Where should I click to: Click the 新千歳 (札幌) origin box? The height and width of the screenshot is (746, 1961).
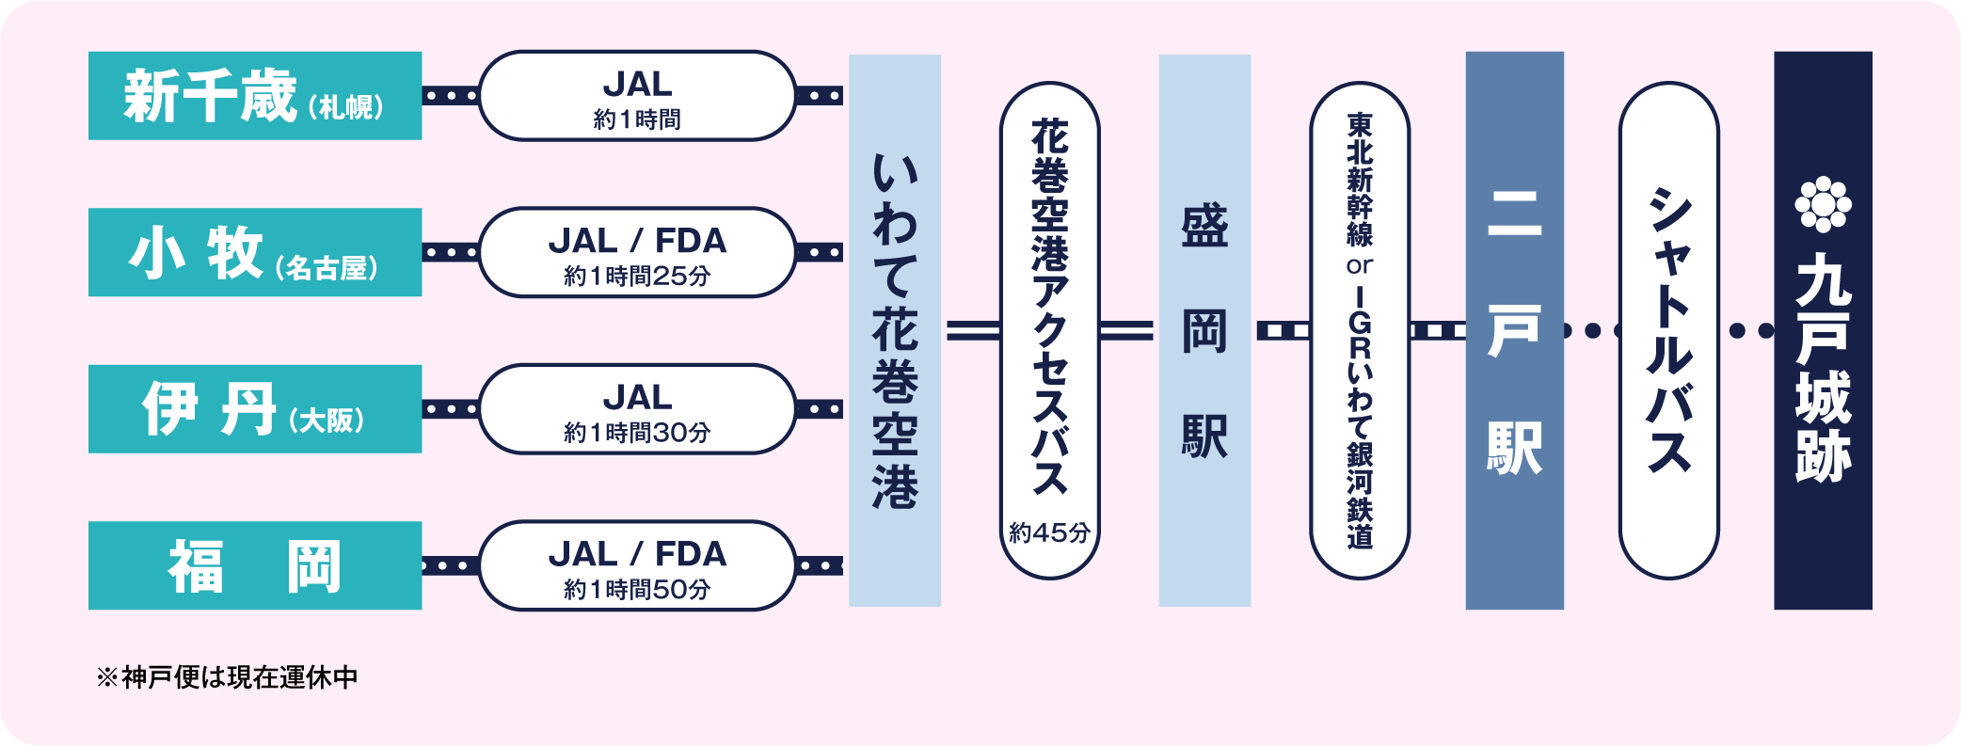(x=255, y=96)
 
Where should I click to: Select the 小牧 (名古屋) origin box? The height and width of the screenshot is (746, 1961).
(x=255, y=252)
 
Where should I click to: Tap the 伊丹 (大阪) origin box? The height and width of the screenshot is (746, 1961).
(x=255, y=409)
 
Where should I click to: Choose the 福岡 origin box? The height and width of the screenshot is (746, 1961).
(x=255, y=565)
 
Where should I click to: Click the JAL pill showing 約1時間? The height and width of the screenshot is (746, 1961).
(x=637, y=96)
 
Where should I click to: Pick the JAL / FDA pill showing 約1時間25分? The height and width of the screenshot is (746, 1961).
(x=637, y=252)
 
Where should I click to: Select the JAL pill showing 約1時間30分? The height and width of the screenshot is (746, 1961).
(x=637, y=409)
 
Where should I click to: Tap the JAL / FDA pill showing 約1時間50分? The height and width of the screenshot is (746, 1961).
(x=637, y=565)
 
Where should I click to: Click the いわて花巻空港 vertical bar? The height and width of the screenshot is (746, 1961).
(x=894, y=330)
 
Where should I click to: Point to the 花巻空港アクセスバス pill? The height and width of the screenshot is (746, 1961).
(x=1049, y=310)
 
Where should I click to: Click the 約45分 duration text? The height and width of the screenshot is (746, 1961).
(x=1049, y=532)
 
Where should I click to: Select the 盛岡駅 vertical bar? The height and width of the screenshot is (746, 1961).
(x=1204, y=330)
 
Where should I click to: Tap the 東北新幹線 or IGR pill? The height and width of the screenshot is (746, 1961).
(x=1359, y=330)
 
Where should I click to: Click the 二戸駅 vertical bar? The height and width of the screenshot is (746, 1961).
(x=1514, y=330)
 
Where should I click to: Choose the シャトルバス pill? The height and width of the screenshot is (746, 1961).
(x=1668, y=330)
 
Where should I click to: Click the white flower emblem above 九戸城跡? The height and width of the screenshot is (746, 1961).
(x=1823, y=204)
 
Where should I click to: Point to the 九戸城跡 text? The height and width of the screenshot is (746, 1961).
(x=1823, y=367)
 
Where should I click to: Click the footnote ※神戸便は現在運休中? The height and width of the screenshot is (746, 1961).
(x=227, y=677)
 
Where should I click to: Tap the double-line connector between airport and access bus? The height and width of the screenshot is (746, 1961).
(x=971, y=330)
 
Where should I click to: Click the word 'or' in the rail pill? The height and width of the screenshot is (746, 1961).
(x=1359, y=266)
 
